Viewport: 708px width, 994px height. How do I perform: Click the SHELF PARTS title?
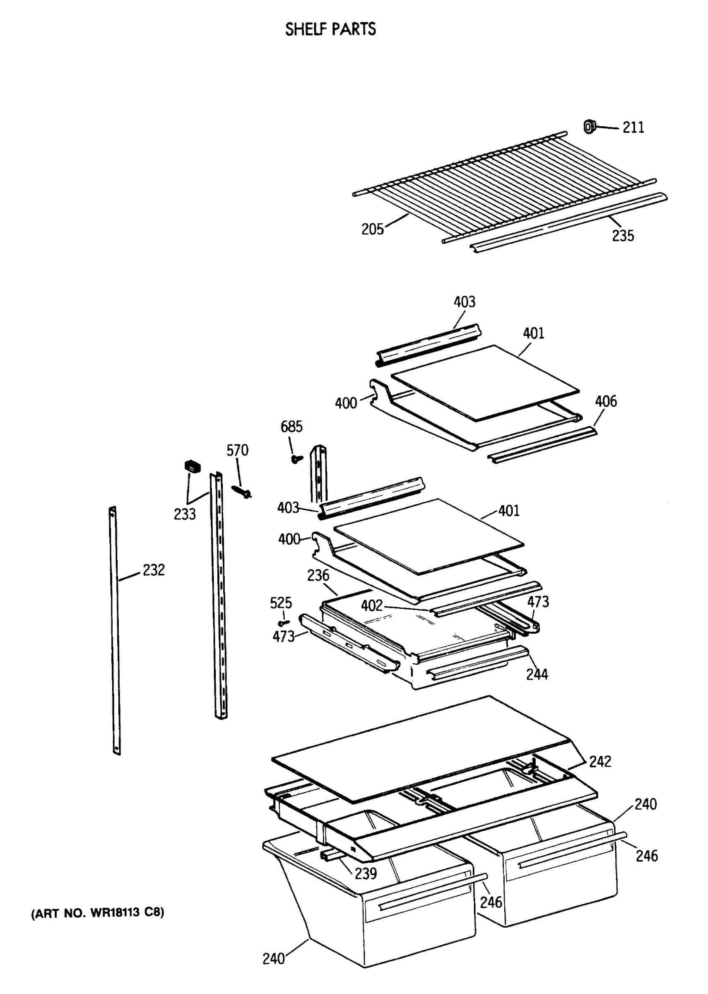tap(330, 29)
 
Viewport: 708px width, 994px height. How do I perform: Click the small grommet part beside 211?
tap(589, 127)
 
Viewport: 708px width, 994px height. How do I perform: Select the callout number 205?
tap(372, 229)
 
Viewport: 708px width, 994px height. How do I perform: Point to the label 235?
tap(623, 236)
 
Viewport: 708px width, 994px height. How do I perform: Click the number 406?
tap(606, 401)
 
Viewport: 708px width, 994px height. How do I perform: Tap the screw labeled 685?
tap(297, 458)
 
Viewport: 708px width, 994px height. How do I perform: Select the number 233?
tap(185, 514)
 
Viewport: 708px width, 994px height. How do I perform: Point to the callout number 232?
tap(154, 570)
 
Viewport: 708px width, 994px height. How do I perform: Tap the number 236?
tap(318, 575)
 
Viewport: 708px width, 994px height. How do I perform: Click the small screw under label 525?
tap(284, 623)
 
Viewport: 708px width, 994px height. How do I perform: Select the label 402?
tap(371, 606)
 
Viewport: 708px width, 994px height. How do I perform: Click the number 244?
tap(537, 674)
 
